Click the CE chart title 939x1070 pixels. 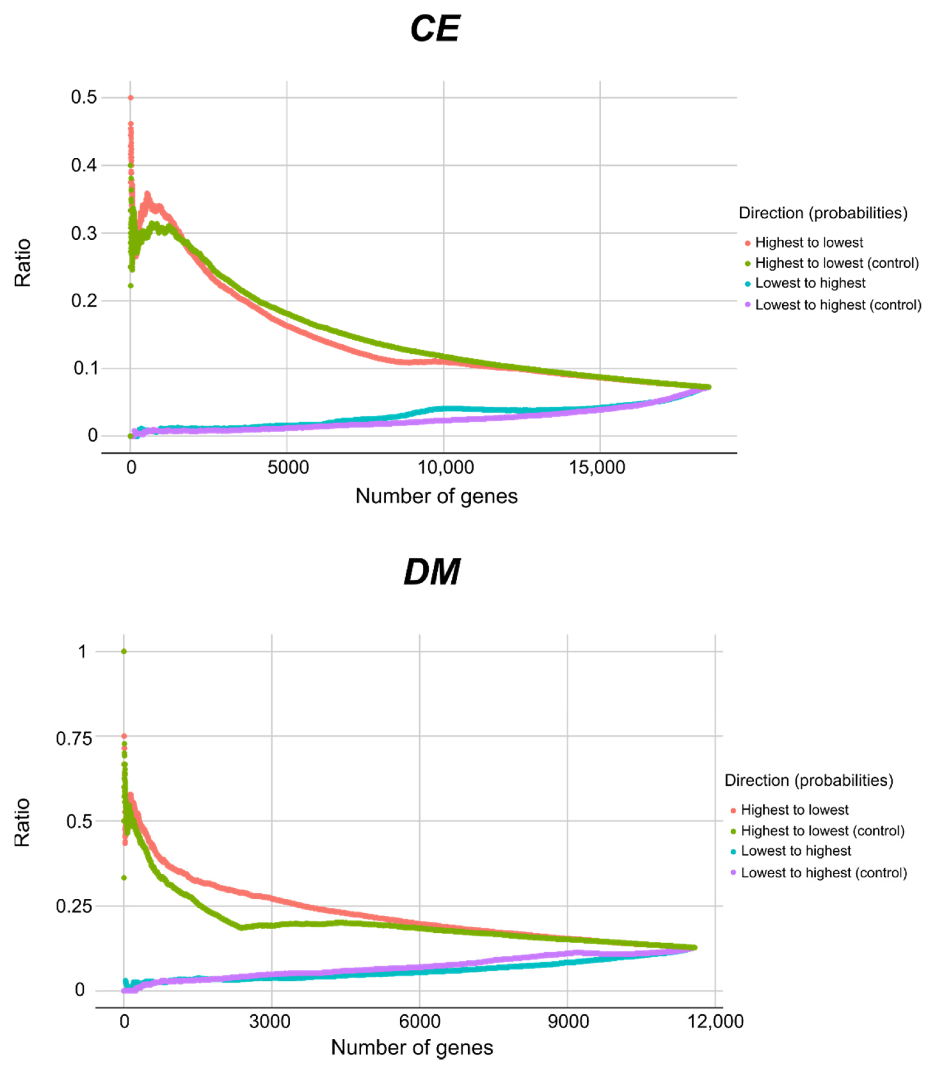coord(435,29)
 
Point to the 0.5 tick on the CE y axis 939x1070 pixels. coord(84,97)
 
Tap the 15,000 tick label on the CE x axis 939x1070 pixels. coord(597,468)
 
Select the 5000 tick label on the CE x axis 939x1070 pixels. coord(288,468)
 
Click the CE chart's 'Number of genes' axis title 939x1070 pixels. coord(436,496)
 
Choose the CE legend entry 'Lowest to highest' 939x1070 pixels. coord(810,283)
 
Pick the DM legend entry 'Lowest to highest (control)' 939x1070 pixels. coord(823,873)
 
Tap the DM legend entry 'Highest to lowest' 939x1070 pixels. coord(794,810)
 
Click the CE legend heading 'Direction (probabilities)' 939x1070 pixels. coord(823,213)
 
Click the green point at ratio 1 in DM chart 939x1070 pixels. coord(124,652)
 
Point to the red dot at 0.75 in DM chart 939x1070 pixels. coord(124,736)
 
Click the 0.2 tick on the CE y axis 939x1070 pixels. coord(84,301)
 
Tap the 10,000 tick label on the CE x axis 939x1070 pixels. coord(446,468)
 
